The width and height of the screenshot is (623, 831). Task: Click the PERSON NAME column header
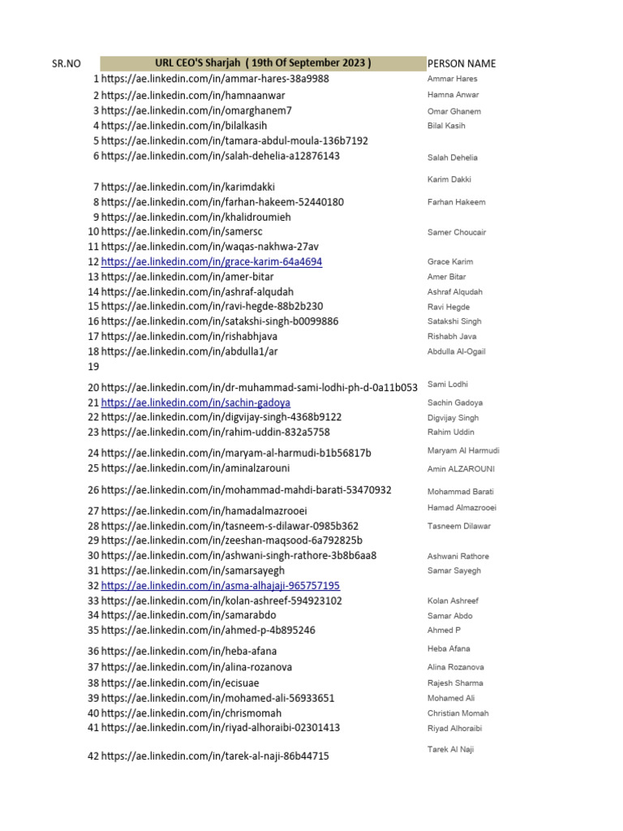462,63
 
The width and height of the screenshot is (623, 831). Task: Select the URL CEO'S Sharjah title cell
263,63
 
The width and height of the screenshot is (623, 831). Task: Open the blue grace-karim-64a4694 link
212,261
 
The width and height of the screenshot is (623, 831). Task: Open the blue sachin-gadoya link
195,403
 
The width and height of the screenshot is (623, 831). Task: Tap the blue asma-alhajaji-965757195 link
221,585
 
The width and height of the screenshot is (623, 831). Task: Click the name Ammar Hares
452,79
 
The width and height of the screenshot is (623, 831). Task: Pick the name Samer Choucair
457,232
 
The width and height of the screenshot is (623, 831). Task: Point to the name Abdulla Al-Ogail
457,351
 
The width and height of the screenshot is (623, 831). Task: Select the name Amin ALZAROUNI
461,469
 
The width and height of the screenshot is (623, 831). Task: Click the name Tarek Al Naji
450,749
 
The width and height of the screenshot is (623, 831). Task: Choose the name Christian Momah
458,713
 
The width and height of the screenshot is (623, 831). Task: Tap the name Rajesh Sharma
455,682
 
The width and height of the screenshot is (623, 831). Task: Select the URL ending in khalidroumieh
195,217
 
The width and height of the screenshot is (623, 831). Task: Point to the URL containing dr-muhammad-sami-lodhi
260,387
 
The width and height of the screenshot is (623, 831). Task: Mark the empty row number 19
93,366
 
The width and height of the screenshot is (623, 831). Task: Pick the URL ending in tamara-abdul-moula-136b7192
234,140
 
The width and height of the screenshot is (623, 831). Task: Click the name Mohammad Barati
461,491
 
